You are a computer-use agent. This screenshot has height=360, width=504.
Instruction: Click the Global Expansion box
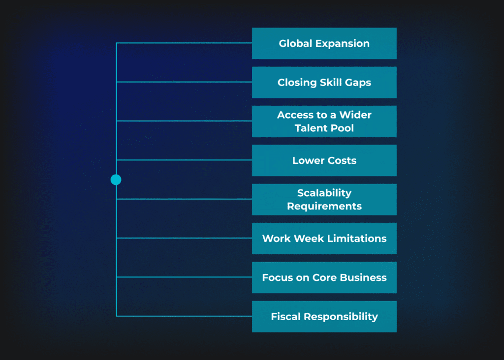[324, 43]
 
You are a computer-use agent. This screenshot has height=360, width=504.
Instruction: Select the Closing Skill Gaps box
[324, 82]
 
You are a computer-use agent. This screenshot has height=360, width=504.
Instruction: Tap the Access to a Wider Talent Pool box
[324, 121]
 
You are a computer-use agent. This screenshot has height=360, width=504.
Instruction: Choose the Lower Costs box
[324, 160]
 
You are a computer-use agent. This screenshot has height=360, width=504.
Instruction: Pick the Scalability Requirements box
[324, 199]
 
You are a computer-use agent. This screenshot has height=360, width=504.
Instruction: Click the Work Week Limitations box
[324, 239]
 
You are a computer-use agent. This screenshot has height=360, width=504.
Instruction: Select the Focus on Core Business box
[324, 277]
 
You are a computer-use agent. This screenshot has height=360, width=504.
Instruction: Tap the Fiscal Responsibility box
[324, 316]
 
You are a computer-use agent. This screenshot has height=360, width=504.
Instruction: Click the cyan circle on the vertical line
[116, 180]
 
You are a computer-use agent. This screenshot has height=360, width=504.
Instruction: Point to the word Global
[295, 43]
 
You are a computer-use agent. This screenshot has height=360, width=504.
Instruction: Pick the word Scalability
[324, 193]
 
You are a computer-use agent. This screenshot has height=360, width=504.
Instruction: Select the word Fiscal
[286, 316]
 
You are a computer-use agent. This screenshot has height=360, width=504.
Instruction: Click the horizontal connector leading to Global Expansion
[184, 43]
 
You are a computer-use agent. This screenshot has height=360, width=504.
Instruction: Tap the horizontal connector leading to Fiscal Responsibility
[184, 316]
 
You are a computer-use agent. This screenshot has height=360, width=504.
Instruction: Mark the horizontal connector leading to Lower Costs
[184, 160]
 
